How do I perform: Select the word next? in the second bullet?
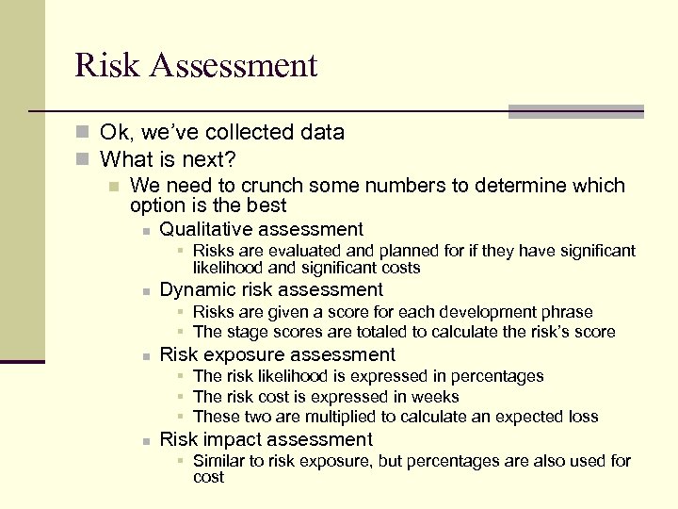(x=208, y=158)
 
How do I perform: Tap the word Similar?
(x=220, y=461)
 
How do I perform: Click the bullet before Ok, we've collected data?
(x=83, y=133)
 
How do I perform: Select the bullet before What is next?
(x=83, y=159)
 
